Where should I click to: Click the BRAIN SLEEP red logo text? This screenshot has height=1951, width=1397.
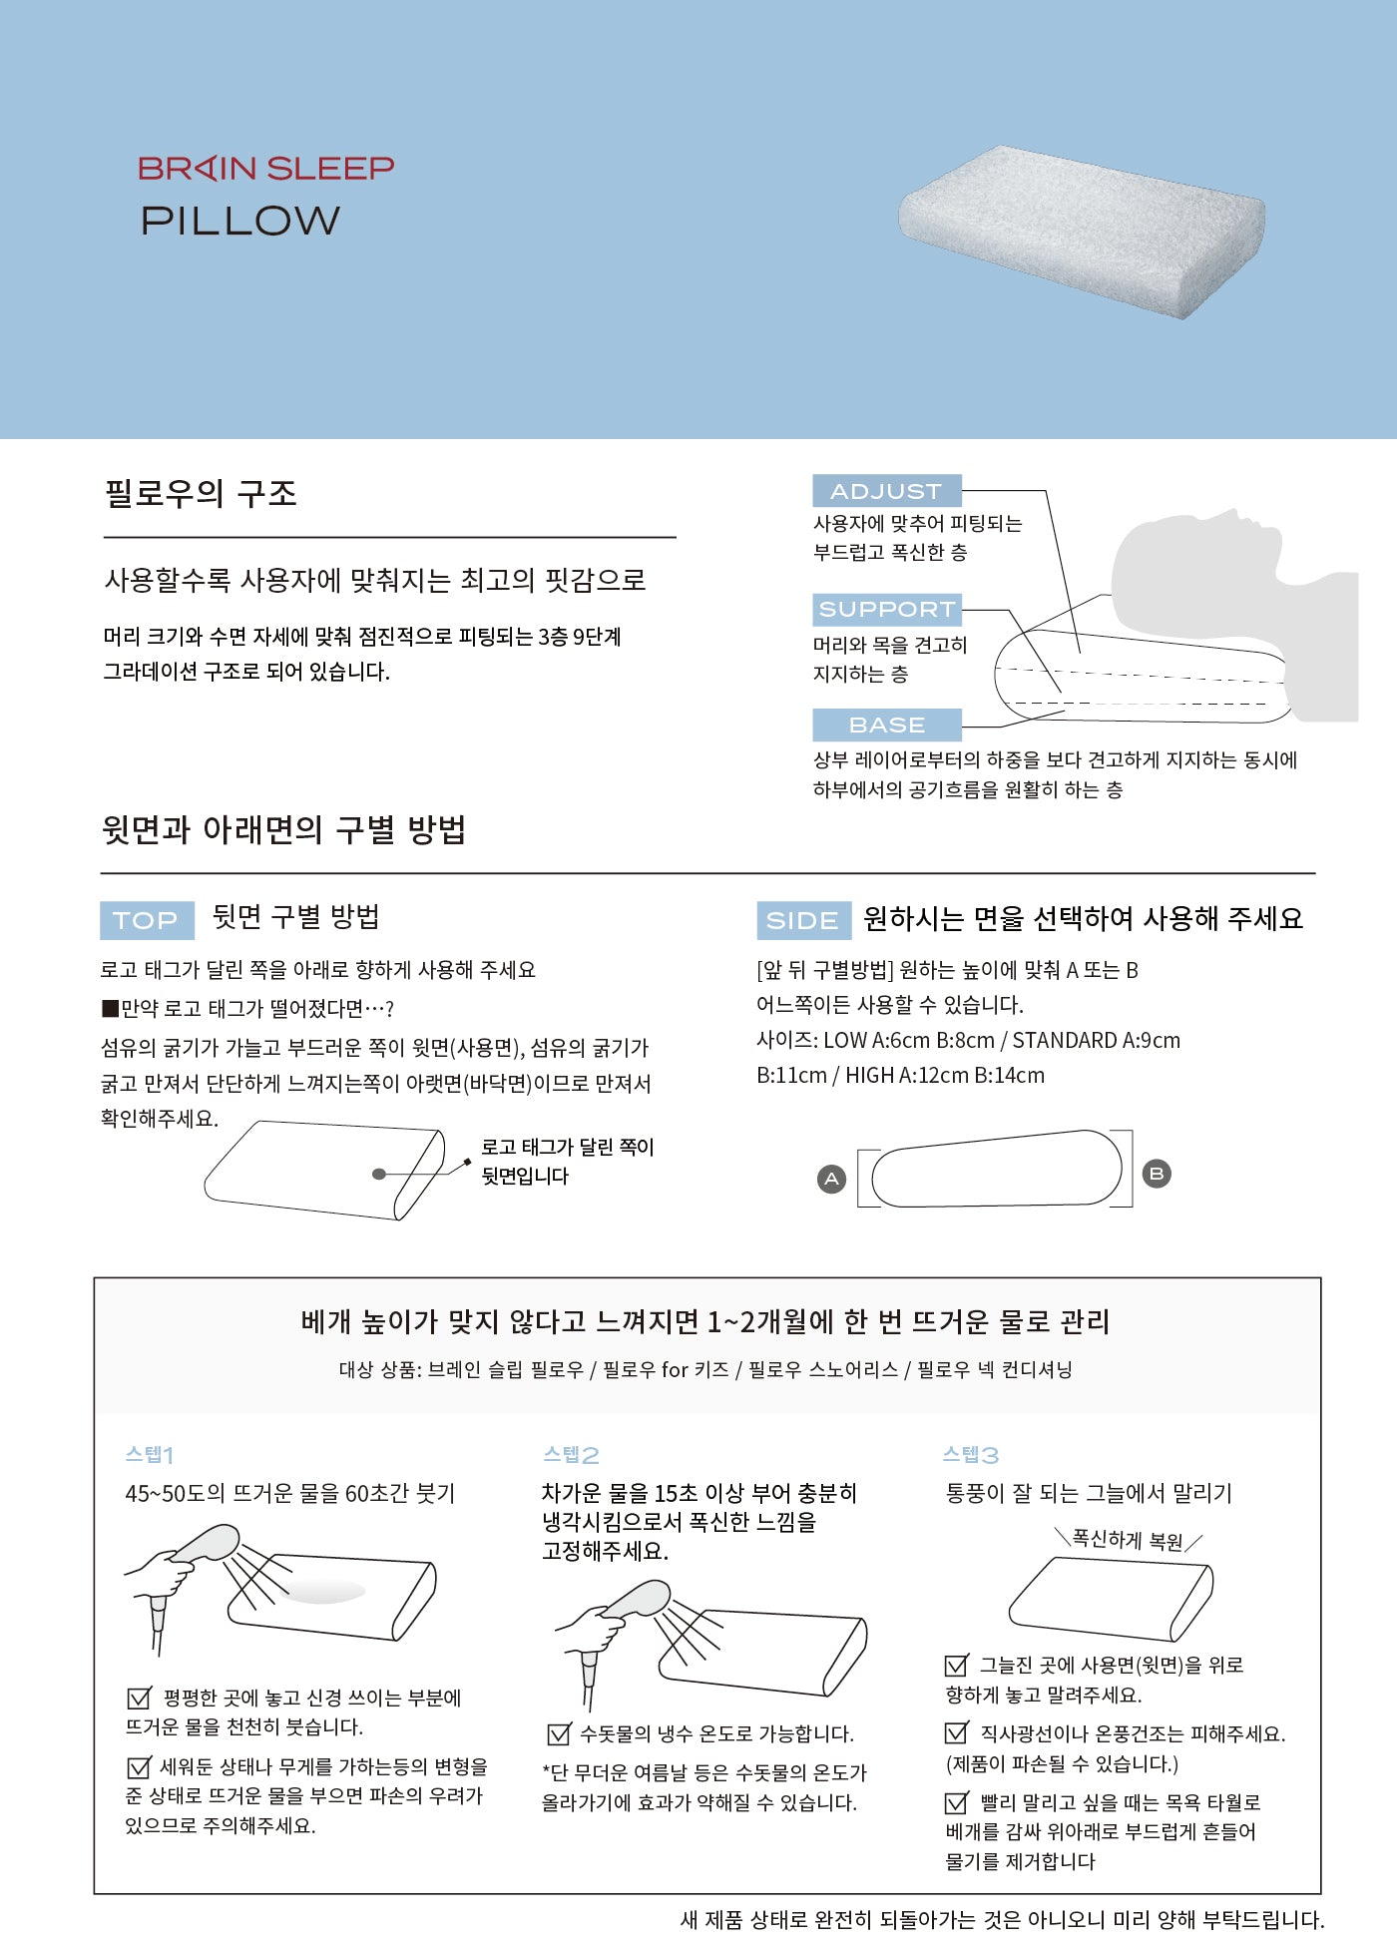coord(265,168)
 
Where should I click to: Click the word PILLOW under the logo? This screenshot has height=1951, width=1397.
coord(240,221)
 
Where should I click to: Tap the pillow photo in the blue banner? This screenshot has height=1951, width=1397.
coord(1083,232)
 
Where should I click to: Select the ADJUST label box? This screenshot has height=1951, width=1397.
coord(887,491)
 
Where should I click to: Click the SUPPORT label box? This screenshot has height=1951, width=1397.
coord(887,609)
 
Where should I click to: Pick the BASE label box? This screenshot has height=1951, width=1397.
coord(887,725)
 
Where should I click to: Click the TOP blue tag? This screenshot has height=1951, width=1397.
coord(146,920)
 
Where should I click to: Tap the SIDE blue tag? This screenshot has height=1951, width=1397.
coord(803,920)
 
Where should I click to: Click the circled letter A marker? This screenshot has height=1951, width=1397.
coord(831,1180)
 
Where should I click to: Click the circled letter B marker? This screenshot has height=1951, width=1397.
coord(1157,1174)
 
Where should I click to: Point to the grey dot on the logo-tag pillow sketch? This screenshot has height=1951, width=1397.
coord(378,1174)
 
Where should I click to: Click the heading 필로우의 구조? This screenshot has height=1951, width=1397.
coord(201,493)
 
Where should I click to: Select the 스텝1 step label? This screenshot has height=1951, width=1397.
coord(150,1454)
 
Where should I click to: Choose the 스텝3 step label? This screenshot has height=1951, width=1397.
coord(971,1454)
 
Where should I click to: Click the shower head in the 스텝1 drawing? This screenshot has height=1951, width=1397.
coord(207,1545)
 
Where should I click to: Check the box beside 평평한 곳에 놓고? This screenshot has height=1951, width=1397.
coord(139,1698)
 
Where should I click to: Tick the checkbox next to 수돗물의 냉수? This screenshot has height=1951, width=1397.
coord(559,1733)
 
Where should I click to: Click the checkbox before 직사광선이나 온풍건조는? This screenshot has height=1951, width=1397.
coord(956,1733)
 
